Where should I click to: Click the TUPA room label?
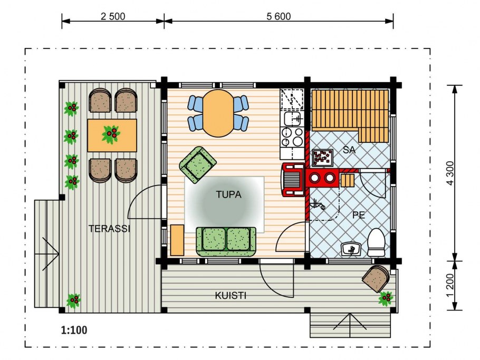point(229,194)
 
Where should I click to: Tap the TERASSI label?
point(109,228)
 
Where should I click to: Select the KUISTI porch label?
point(231,296)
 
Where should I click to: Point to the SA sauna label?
point(349,150)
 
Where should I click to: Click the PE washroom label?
point(359,215)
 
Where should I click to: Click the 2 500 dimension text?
point(113,16)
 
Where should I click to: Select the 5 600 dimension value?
point(279,16)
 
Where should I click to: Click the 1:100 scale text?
point(74,330)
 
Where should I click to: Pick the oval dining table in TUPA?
point(218,113)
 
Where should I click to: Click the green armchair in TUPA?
point(198,165)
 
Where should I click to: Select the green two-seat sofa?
point(226,241)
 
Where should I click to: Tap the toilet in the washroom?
point(376,242)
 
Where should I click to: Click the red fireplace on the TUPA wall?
point(293,180)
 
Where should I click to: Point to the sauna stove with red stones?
point(323,158)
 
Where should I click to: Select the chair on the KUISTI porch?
point(376,278)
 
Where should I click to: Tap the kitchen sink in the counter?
point(293,119)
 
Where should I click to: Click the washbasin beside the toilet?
point(351,249)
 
